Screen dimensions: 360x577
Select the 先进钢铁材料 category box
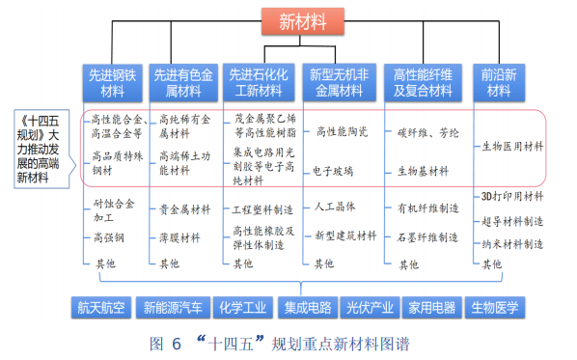pyautogui.click(x=114, y=83)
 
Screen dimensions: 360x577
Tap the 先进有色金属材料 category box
pyautogui.click(x=184, y=83)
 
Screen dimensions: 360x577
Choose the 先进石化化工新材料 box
pyautogui.click(x=257, y=83)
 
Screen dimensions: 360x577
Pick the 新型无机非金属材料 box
pyautogui.click(x=338, y=83)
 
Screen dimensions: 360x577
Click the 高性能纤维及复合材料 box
pyautogui.click(x=422, y=83)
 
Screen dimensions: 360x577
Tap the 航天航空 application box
pyautogui.click(x=101, y=308)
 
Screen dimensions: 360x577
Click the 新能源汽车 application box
pyautogui.click(x=173, y=308)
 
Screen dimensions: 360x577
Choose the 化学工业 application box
pyautogui.click(x=242, y=308)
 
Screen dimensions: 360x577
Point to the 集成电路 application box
pyautogui.click(x=307, y=308)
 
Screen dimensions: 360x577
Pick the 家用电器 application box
pyautogui.click(x=430, y=308)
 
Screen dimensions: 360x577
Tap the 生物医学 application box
pyautogui.click(x=494, y=308)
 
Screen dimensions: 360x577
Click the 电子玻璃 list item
pyautogui.click(x=333, y=171)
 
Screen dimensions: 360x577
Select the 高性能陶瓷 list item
pyautogui.click(x=342, y=131)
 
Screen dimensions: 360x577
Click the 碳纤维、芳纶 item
pyautogui.click(x=428, y=131)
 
